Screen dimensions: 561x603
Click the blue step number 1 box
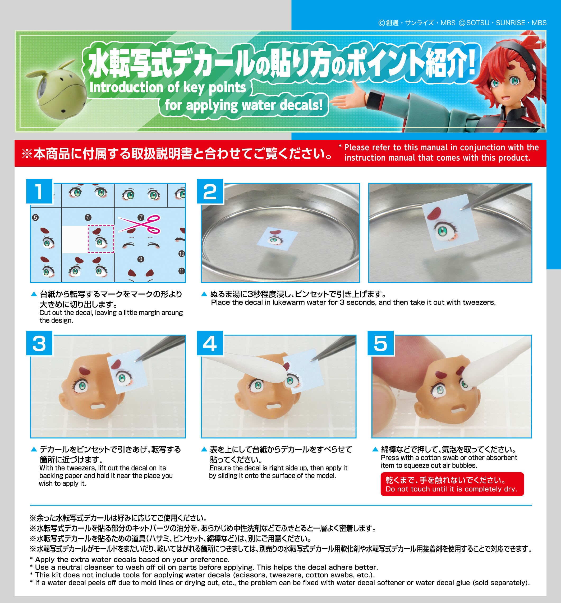point(39,191)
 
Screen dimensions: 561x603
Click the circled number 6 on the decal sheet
point(88,217)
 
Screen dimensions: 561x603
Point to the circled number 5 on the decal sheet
point(35,217)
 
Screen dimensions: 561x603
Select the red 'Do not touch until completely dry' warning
point(452,484)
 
